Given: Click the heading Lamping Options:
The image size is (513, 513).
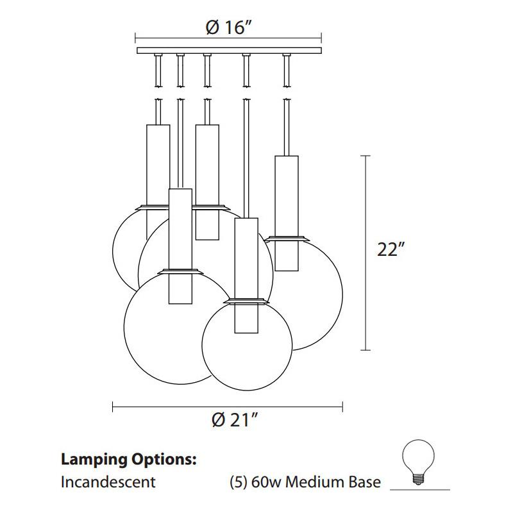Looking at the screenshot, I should tap(128, 460).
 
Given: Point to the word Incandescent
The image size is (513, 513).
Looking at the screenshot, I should tap(108, 482).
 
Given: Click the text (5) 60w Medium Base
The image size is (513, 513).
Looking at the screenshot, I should tap(305, 482).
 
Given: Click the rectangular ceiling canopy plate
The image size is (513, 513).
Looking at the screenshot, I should tap(230, 50).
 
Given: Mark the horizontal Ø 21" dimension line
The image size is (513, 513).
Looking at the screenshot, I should tap(228, 405).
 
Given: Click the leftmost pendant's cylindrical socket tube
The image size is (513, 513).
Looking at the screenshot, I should tap(158, 164).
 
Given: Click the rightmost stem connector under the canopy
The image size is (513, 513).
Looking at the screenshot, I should tap(286, 71).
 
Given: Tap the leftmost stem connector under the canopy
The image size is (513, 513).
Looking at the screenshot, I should tap(158, 71).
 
